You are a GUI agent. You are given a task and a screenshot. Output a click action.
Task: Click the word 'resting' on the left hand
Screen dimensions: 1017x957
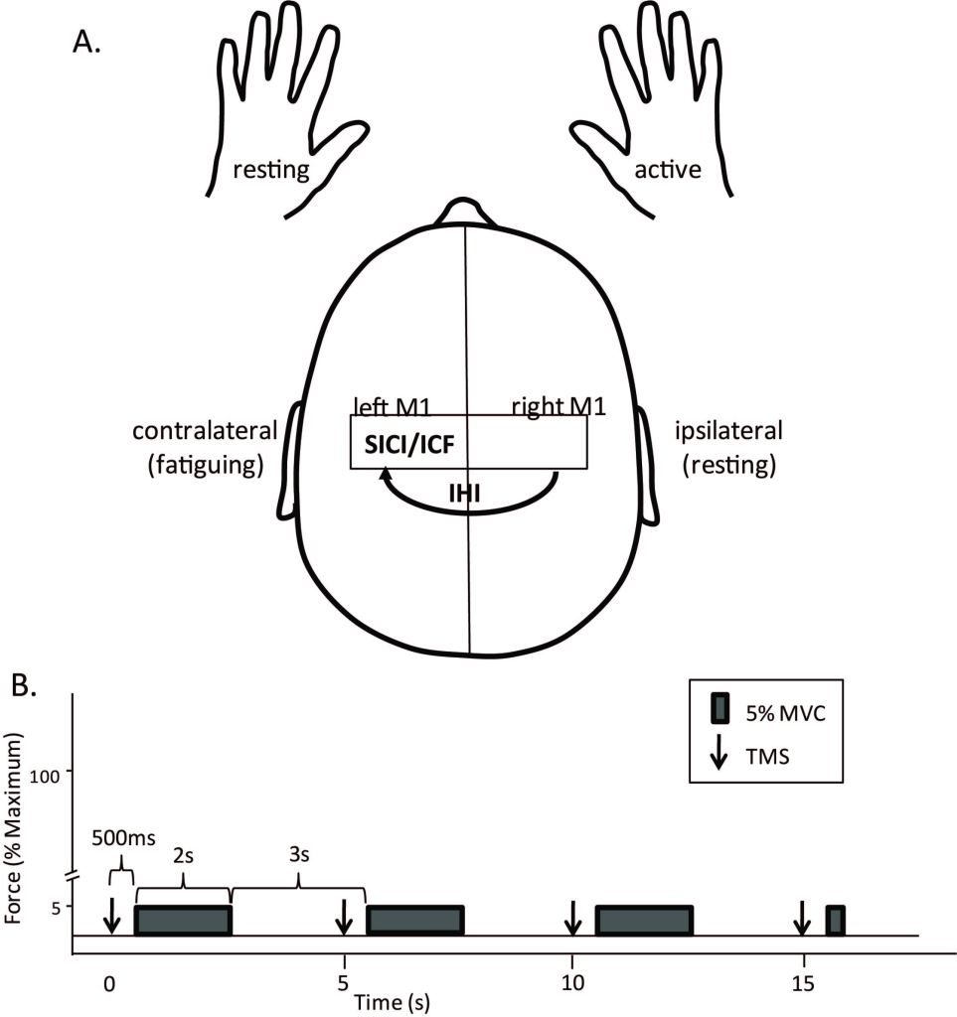click(270, 170)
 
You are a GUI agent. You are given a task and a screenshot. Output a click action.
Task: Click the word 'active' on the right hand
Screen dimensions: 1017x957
click(668, 170)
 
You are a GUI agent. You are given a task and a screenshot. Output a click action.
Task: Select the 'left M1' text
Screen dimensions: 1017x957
click(391, 406)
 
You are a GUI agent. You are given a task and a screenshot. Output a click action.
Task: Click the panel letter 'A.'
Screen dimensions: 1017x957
click(86, 45)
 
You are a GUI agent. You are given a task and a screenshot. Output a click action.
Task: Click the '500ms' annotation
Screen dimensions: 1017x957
click(123, 837)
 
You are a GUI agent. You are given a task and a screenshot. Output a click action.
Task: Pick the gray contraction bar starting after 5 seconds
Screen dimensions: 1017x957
click(415, 921)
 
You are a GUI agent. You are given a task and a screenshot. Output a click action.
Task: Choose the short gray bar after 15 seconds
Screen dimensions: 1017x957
click(835, 921)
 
